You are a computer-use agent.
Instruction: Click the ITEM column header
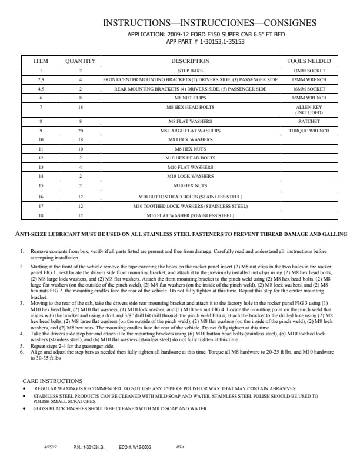click(x=41, y=61)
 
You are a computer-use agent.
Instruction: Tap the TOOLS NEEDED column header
click(x=309, y=61)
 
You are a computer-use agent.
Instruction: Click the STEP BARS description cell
click(x=190, y=70)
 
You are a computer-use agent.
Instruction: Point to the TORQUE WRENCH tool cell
click(x=309, y=131)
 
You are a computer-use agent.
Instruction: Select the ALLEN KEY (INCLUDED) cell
click(x=309, y=110)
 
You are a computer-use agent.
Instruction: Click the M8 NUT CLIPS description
click(x=190, y=98)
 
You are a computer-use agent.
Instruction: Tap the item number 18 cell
click(x=41, y=215)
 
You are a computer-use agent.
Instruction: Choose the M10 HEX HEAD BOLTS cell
click(x=190, y=158)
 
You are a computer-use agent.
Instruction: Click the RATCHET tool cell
click(x=309, y=121)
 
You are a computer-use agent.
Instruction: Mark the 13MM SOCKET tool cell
click(x=309, y=70)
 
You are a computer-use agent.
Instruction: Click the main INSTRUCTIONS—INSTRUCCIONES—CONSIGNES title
click(x=209, y=23)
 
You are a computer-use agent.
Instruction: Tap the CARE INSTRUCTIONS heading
click(x=52, y=382)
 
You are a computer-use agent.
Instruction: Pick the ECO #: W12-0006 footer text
click(x=135, y=447)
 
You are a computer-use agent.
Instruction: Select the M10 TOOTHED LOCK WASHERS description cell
click(x=190, y=207)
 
